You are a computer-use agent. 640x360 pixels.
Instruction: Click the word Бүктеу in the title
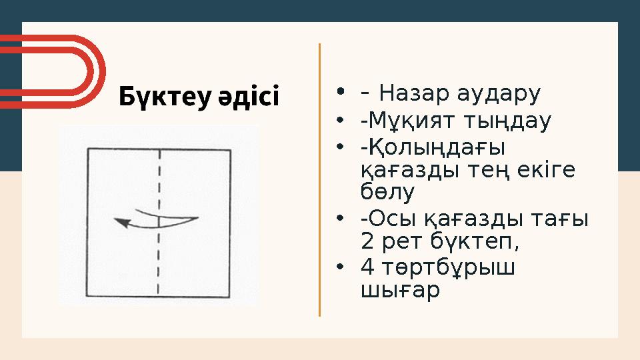[x=165, y=97]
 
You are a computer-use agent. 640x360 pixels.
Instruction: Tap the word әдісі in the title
[x=249, y=97]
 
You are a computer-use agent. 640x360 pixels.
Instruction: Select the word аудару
[x=498, y=95]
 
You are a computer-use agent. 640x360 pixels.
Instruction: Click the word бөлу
[x=387, y=191]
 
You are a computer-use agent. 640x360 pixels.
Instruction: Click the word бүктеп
[x=475, y=241]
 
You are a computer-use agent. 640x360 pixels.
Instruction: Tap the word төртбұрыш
[x=449, y=268]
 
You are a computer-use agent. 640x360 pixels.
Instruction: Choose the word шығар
[x=401, y=291]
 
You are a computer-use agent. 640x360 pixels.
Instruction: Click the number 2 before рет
[x=367, y=241]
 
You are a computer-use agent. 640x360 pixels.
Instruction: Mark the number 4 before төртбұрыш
[x=367, y=267]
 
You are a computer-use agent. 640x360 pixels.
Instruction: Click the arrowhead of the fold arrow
[x=121, y=223]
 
